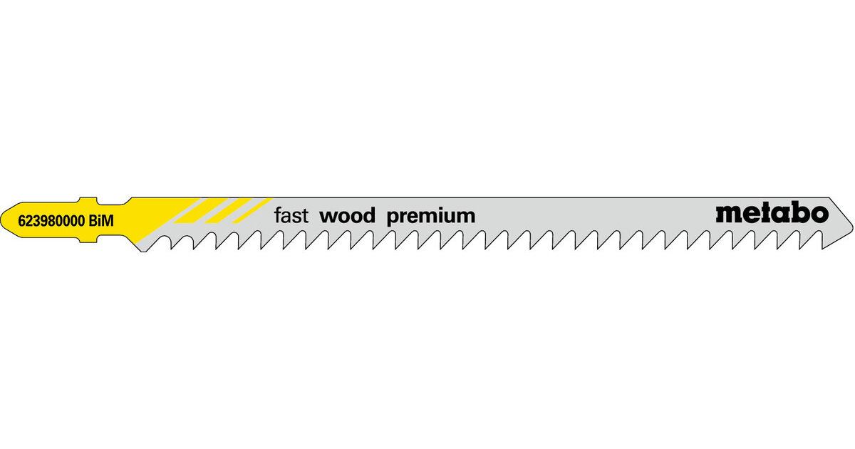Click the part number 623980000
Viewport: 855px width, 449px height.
coord(53,222)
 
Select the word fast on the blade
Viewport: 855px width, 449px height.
coord(291,216)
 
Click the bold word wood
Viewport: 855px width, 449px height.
coord(347,216)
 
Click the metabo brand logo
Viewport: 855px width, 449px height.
coord(772,212)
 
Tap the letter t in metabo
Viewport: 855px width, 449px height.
coord(766,212)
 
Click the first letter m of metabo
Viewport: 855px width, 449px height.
coord(728,214)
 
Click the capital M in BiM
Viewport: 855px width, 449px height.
coord(108,222)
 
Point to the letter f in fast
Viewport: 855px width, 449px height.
coord(277,215)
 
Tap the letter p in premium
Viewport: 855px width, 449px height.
coord(392,217)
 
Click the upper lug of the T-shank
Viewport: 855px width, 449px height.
coord(87,200)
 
